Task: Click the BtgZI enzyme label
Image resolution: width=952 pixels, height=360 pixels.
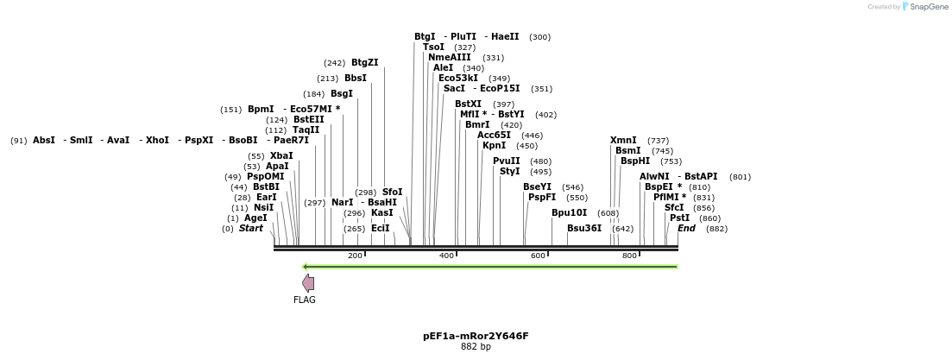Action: tap(364, 63)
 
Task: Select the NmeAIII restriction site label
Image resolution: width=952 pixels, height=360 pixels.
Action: tap(450, 58)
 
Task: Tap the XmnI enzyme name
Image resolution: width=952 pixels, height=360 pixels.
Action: tap(623, 141)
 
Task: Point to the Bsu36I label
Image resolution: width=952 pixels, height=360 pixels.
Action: tap(584, 229)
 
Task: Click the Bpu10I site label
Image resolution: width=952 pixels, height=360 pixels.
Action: tap(569, 212)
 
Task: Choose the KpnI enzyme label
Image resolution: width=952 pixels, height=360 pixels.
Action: tap(495, 146)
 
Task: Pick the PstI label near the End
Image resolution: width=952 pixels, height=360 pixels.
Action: tap(679, 218)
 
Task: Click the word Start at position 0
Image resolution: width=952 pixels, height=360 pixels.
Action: tap(251, 229)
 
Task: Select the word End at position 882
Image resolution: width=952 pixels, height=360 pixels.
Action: tap(686, 229)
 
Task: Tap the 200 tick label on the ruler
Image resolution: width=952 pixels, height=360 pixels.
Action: tap(355, 256)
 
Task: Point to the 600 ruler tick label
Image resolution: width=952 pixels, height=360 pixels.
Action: tap(538, 256)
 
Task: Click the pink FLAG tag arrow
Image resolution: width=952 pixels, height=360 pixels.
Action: tap(308, 283)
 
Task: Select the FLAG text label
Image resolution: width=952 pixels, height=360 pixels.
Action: tap(305, 300)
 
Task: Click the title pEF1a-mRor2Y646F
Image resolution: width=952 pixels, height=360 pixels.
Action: tap(476, 336)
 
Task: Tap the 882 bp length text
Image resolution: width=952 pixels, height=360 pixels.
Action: tap(476, 347)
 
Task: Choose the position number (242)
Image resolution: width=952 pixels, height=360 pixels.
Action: tap(335, 63)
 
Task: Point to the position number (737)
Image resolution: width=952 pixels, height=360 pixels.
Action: tap(658, 141)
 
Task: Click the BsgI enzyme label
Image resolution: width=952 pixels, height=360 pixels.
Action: tap(342, 94)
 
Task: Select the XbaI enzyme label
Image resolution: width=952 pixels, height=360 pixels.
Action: tap(281, 156)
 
